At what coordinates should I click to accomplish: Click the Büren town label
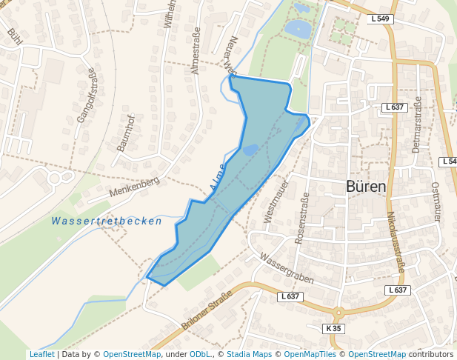pos(366,187)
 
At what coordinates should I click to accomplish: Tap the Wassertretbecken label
pos(107,221)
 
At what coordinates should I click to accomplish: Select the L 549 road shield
pos(380,19)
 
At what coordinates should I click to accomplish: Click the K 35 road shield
pos(335,328)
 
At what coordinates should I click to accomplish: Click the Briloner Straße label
pos(207,310)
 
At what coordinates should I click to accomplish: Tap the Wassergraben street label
pos(287,269)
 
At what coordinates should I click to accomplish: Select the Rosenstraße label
pos(301,218)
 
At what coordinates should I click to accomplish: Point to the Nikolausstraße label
pos(394,242)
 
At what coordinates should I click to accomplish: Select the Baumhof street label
pos(125,133)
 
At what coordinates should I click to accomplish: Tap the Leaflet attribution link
pos(41,354)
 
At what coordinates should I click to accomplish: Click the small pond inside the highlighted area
pos(250,150)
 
